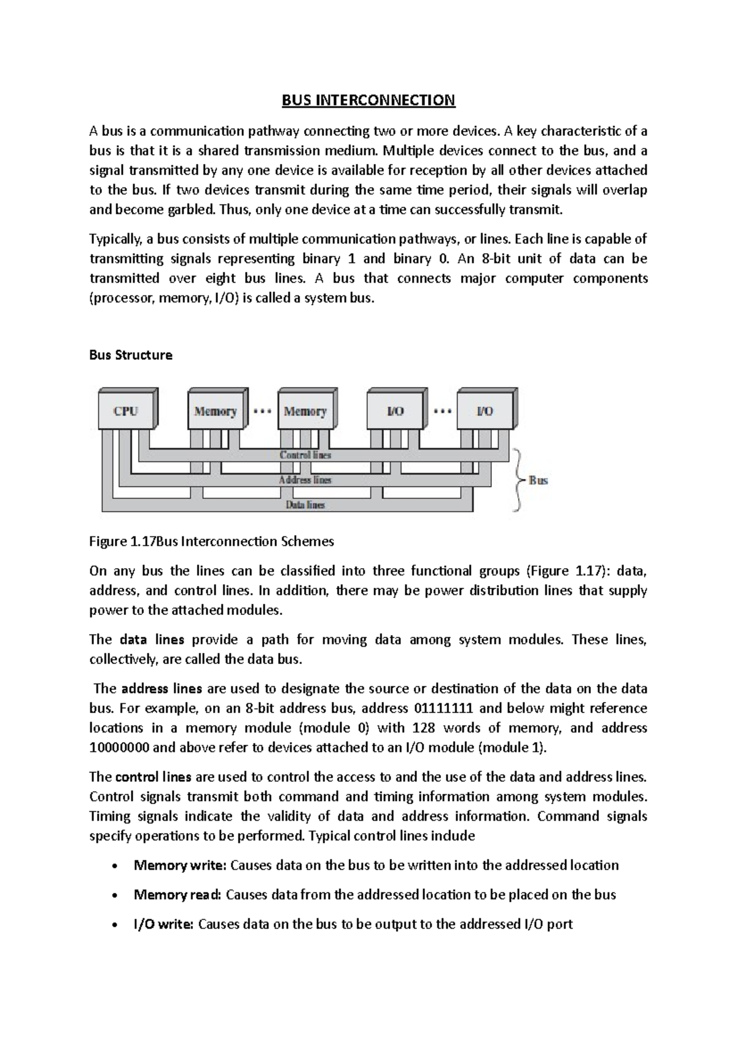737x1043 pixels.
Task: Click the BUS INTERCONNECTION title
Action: coord(368,100)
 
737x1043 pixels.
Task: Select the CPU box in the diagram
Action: coord(126,411)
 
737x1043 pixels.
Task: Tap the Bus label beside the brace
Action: coord(538,480)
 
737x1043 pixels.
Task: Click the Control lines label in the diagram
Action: coord(305,455)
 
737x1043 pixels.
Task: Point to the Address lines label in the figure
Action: coord(305,480)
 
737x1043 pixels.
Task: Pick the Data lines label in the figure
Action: coord(305,505)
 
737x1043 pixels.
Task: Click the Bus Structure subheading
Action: coord(131,355)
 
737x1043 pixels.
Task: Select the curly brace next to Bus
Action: coord(517,480)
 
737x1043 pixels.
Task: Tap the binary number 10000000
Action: coord(119,748)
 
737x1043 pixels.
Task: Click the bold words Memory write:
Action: coord(180,865)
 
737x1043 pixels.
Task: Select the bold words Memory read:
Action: coord(177,895)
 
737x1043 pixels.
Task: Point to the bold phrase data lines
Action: coord(152,639)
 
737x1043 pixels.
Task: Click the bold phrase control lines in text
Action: coord(153,777)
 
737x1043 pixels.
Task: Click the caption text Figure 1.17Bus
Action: coord(133,542)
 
